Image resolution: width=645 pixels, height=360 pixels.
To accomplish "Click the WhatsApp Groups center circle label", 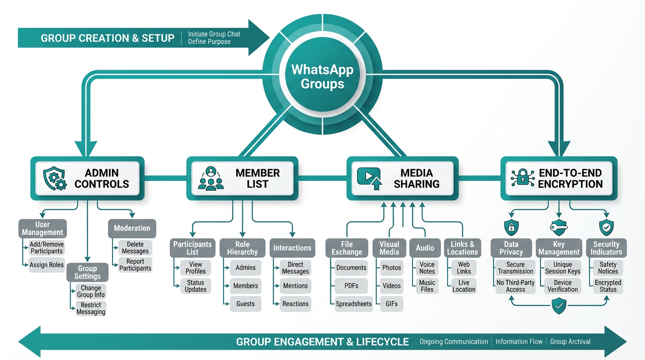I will click(x=322, y=77).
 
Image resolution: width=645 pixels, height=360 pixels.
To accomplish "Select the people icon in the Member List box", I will click(x=211, y=179).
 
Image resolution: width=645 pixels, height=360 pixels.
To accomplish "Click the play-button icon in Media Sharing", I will click(x=369, y=179).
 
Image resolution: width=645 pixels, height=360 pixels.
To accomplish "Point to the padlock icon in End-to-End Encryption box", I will click(x=522, y=179).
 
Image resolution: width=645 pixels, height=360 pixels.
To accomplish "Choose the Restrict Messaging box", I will click(x=91, y=308).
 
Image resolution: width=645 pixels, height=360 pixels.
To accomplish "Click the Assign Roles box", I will click(x=46, y=265).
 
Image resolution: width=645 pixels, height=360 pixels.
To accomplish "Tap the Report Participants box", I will click(x=135, y=265).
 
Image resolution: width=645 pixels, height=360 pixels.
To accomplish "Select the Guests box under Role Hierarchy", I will click(x=245, y=304).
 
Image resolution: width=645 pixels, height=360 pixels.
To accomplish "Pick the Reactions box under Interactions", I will click(x=295, y=304).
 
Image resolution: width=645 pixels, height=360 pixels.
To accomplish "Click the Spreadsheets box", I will click(x=353, y=304).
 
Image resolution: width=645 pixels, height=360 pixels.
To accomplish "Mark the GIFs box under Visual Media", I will click(x=391, y=304).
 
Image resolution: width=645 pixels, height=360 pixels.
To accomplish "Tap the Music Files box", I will click(x=427, y=286).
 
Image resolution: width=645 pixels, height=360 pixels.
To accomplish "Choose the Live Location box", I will click(x=464, y=286).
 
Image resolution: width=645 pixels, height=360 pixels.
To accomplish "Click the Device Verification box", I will click(x=562, y=286).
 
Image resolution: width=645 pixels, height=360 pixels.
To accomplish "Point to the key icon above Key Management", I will click(x=559, y=228).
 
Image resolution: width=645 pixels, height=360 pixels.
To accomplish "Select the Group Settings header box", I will click(x=87, y=272).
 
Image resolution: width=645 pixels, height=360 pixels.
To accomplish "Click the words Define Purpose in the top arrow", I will click(x=209, y=42).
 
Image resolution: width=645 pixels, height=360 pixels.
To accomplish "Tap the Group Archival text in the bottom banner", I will click(x=570, y=342).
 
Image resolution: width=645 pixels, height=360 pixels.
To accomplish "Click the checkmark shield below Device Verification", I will click(x=559, y=307).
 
